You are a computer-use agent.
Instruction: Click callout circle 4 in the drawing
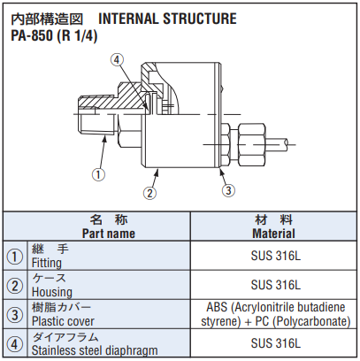117,60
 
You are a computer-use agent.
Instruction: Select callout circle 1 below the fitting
98,174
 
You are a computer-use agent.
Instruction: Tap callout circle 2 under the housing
149,193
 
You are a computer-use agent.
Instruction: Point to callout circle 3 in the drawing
228,190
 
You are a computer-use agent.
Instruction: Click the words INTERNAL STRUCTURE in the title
167,19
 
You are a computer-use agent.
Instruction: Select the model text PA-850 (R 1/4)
54,36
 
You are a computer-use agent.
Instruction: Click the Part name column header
109,234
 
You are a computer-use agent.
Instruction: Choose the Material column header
273,234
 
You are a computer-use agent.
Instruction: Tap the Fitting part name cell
109,256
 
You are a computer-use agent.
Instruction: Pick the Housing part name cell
109,285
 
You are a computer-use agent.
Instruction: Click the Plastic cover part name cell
109,314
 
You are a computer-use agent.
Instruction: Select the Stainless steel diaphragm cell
109,343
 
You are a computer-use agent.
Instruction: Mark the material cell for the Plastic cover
273,314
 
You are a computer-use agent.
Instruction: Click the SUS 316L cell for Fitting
273,256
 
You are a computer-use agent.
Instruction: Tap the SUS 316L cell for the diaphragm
273,343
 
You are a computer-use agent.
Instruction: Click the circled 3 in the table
15,315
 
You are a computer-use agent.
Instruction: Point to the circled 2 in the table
15,286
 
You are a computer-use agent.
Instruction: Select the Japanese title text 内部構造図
47,19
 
